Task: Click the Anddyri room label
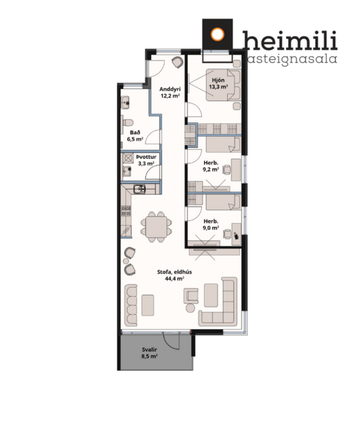pyautogui.click(x=169, y=89)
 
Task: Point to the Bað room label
pyautogui.click(x=135, y=132)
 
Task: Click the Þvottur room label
pyautogui.click(x=146, y=157)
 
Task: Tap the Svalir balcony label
pyautogui.click(x=150, y=349)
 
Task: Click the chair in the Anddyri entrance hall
pyautogui.click(x=178, y=63)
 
